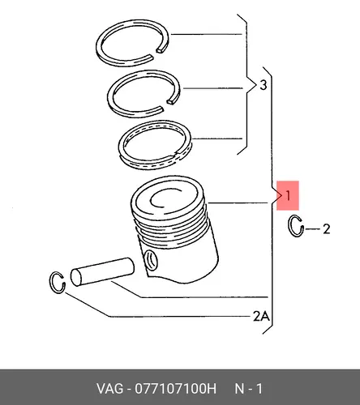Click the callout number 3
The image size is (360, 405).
(x=263, y=85)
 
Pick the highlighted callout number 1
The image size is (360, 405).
(x=288, y=195)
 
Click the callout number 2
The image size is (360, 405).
(x=327, y=229)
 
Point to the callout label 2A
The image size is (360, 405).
(x=261, y=316)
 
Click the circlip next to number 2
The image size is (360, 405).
(x=290, y=226)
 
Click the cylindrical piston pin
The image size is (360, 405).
(x=103, y=271)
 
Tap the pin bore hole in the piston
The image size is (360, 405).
(x=151, y=260)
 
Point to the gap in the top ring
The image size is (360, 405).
(x=156, y=53)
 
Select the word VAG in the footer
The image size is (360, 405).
(x=109, y=389)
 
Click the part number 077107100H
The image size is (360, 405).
(x=176, y=389)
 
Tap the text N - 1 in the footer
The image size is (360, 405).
(x=248, y=389)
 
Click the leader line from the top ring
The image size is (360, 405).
(x=207, y=34)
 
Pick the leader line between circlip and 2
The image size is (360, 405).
(x=312, y=229)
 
